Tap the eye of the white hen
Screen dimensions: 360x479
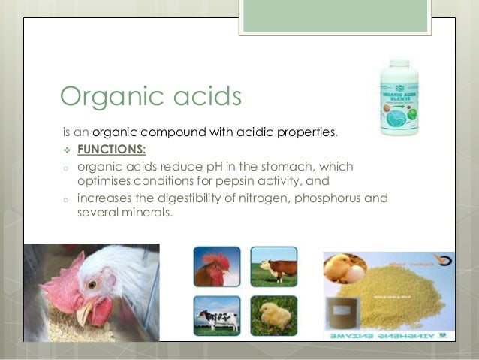(91, 285)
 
